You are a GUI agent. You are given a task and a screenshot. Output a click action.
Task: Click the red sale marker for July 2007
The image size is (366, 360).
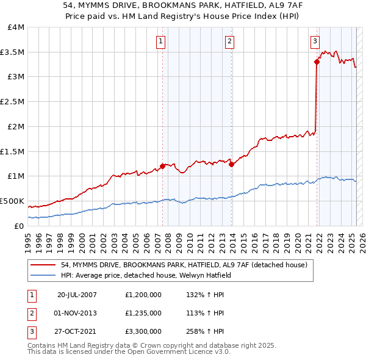tap(162, 165)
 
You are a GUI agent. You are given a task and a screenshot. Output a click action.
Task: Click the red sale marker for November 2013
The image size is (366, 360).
tap(232, 164)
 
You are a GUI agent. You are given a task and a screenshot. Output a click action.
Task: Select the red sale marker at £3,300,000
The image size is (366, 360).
tap(317, 61)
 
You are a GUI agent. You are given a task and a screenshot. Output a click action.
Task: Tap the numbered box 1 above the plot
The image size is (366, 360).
tap(160, 41)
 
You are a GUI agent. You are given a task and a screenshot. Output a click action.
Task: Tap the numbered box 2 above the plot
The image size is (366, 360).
tap(229, 41)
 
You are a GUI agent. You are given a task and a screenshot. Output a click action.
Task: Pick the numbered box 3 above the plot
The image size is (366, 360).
tap(315, 41)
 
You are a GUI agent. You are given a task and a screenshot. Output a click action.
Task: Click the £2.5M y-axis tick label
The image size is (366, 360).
tap(13, 102)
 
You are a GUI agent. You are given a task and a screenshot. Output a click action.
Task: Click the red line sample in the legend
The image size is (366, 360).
tap(44, 264)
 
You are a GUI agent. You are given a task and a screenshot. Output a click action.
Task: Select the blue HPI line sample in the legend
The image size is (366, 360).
tap(44, 275)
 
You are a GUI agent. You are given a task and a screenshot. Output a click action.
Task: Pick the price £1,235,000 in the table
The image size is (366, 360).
tap(142, 313)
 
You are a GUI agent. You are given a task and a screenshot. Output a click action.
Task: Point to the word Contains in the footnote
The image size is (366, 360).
tap(42, 345)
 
